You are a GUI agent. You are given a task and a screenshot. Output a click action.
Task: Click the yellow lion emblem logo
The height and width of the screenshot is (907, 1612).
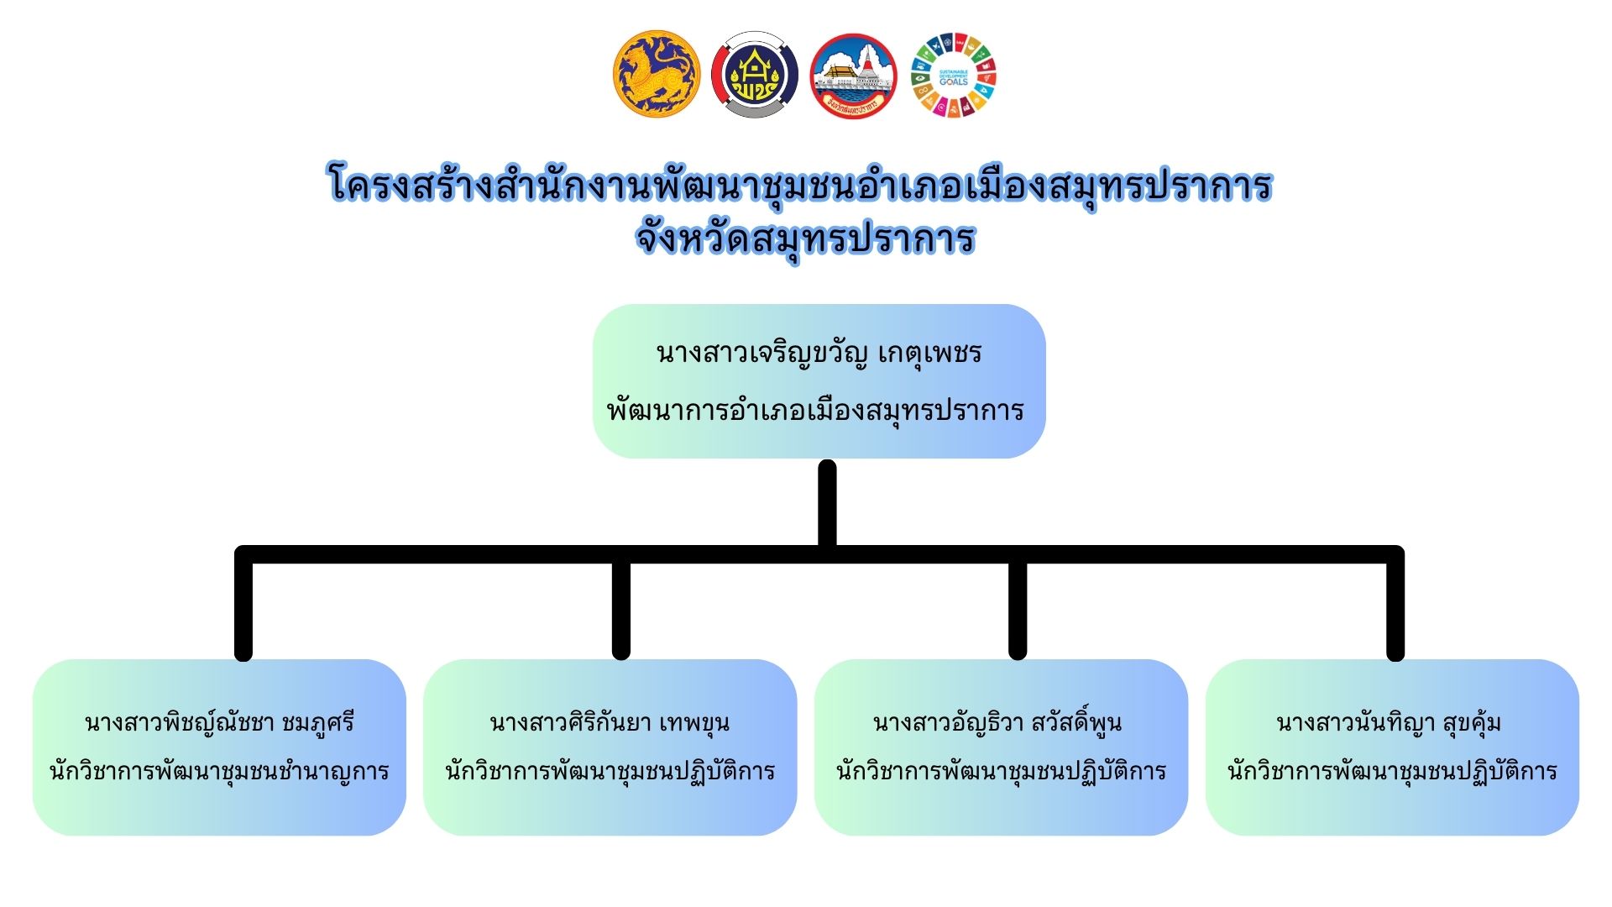[656, 74]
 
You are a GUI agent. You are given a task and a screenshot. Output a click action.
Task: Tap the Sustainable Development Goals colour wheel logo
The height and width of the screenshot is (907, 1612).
[953, 75]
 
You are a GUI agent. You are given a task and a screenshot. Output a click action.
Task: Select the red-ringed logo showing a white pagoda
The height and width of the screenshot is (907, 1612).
[853, 76]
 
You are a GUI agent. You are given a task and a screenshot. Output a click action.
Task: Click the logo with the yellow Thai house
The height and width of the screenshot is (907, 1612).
[754, 75]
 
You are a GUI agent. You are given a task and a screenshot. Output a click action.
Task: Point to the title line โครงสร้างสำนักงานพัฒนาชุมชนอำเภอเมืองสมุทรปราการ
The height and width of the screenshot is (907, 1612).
[799, 186]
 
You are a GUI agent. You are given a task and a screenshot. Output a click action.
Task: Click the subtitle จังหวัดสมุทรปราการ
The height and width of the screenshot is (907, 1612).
[805, 239]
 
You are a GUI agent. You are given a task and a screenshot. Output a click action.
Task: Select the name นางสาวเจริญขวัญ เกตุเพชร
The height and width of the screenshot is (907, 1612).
[819, 353]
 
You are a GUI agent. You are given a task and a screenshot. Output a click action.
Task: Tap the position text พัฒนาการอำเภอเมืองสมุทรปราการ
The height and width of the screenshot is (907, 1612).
[815, 410]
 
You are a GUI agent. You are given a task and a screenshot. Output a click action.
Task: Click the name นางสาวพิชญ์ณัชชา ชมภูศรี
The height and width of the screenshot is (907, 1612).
[219, 722]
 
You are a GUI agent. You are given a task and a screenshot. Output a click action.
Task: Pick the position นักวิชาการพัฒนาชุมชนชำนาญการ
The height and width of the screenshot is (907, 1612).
[219, 771]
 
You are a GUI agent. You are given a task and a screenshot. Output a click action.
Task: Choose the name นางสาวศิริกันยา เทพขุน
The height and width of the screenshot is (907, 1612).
[610, 722]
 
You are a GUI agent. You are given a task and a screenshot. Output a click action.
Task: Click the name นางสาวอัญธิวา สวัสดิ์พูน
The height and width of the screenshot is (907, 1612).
[997, 722]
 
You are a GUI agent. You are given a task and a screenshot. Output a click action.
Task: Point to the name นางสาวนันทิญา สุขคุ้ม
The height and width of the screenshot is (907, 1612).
[1389, 722]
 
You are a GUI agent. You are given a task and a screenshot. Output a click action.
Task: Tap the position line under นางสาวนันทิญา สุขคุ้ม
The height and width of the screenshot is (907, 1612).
[1392, 771]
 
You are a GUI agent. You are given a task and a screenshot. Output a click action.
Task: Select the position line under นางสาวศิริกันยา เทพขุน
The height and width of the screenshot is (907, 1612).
[610, 771]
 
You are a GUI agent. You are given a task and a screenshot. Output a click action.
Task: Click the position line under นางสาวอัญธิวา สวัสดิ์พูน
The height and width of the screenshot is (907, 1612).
[1001, 771]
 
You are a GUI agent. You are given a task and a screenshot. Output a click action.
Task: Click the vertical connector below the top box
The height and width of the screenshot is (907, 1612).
[827, 504]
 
